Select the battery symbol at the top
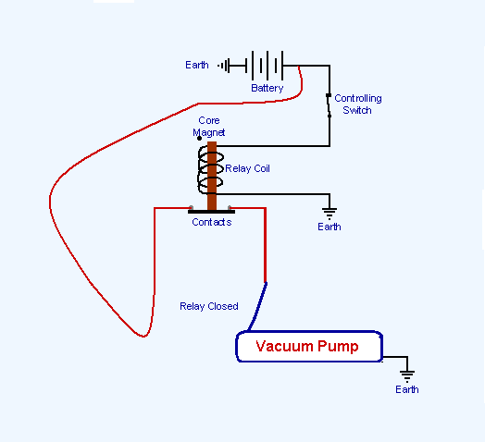click(266, 66)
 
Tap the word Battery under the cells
click(267, 88)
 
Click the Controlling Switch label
click(357, 104)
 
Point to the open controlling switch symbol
click(328, 105)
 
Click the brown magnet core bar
click(212, 176)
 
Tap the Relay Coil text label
click(247, 169)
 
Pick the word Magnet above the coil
click(208, 132)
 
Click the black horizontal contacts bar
click(211, 212)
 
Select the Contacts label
click(211, 223)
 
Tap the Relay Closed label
click(209, 306)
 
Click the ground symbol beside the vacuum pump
click(406, 374)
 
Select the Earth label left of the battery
click(197, 65)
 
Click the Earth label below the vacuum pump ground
click(406, 389)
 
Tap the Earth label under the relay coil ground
click(329, 227)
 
